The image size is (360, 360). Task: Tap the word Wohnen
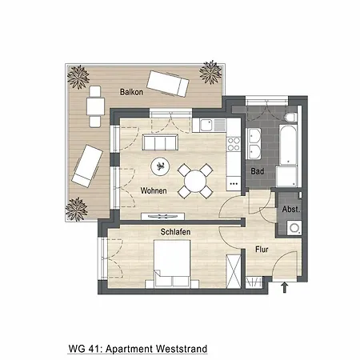[x=153, y=191]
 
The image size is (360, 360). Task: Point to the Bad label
[x=257, y=171]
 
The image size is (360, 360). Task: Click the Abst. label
[x=290, y=210]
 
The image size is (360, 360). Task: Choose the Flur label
[x=262, y=250]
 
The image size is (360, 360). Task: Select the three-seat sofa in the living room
[x=160, y=143]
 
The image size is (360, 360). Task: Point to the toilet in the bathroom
[x=290, y=121]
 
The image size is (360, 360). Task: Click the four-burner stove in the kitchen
[x=234, y=145]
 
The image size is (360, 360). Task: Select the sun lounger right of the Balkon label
[x=170, y=83]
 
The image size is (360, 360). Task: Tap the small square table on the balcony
[x=96, y=104]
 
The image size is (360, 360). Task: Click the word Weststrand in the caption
[x=180, y=350]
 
